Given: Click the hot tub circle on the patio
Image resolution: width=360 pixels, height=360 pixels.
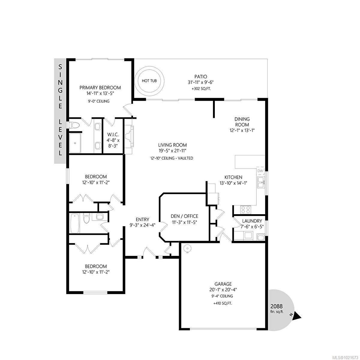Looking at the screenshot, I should coord(149,81).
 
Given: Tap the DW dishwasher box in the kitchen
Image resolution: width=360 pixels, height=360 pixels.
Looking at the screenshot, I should coord(260,171).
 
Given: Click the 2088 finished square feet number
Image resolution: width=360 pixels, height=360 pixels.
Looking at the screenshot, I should coord(277,306).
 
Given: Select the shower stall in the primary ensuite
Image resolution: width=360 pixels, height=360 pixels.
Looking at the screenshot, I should coord(76,143).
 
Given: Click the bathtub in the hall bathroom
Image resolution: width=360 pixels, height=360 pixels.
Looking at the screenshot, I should coord(75,223).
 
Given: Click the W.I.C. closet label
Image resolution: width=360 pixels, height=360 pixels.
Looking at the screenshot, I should coord(113,135).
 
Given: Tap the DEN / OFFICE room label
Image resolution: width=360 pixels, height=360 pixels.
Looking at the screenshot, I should coord(184,216).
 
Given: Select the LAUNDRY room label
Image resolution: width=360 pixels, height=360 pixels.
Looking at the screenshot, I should coord(252,221).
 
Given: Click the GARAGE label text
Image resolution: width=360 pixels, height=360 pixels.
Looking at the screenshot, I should coord(223,284).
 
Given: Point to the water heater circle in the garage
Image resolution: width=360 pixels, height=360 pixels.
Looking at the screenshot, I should coord(187,249).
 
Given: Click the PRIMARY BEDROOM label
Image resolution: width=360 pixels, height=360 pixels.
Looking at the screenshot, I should coord(100,88).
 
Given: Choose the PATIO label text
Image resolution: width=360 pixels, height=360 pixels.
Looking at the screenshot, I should coord(200,77).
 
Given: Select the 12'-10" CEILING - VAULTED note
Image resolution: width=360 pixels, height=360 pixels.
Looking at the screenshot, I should coord(172,158).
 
